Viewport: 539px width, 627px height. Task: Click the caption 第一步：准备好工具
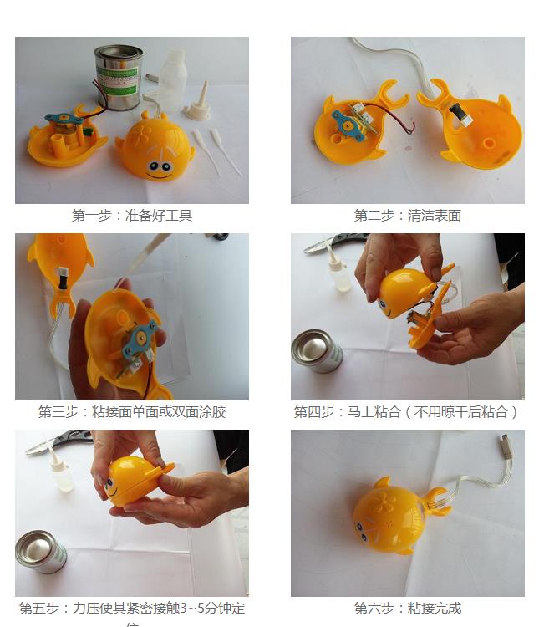[132, 215]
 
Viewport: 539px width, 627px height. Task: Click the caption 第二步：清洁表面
[407, 215]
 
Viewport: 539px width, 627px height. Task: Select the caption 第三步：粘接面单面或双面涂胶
[132, 411]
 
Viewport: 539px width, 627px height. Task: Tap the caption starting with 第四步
[407, 411]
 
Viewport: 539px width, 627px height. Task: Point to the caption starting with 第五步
[132, 609]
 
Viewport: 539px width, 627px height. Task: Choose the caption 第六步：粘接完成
[407, 608]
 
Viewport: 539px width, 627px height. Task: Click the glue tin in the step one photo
[118, 77]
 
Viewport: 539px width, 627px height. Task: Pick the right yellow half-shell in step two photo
[476, 130]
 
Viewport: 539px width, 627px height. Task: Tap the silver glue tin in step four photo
[316, 350]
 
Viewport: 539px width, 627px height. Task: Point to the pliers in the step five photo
[58, 441]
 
